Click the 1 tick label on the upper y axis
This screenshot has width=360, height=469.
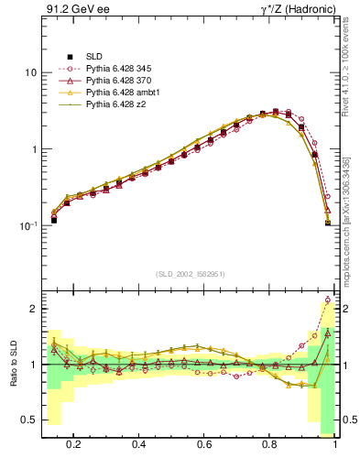coord(33,149)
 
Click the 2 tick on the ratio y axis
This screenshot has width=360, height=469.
coord(33,310)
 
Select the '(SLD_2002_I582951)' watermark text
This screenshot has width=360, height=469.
coord(190,273)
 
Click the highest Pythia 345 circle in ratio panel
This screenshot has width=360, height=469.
coord(328,300)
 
